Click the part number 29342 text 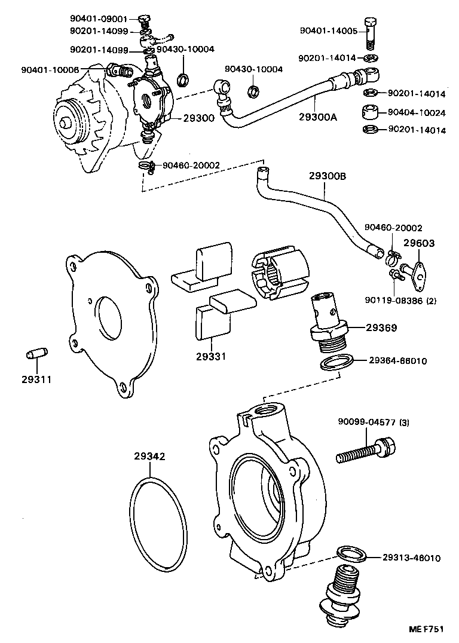pyautogui.click(x=149, y=456)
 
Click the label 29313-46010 pyautogui.click(x=412, y=558)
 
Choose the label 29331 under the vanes pyautogui.click(x=210, y=357)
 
